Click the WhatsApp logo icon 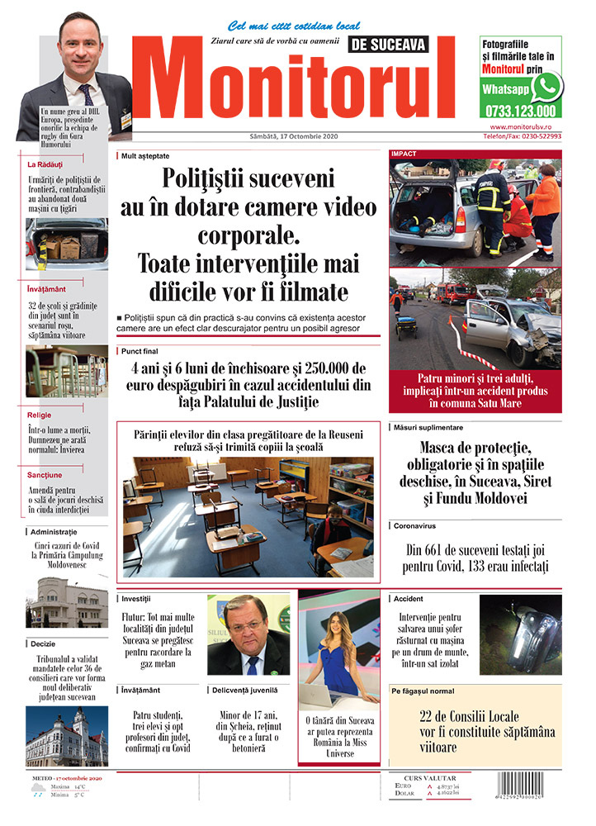546,87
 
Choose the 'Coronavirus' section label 415,525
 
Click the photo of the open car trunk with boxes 66,244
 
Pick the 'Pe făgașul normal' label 423,691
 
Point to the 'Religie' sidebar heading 40,415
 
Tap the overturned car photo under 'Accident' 521,634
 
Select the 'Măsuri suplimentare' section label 428,427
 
